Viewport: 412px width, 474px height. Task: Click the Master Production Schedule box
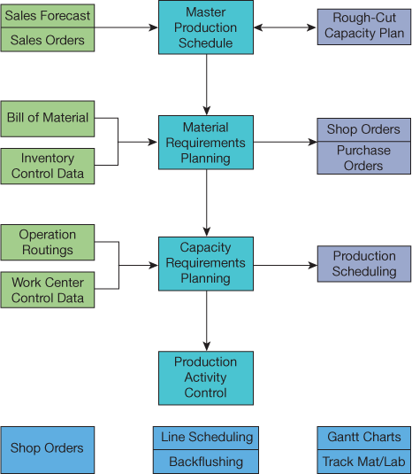pos(206,27)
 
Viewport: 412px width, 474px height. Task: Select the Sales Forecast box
pos(48,16)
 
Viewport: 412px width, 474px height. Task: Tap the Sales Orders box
pos(48,40)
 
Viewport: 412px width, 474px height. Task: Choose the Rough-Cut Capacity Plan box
pos(364,27)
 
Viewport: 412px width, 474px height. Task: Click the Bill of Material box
pos(48,119)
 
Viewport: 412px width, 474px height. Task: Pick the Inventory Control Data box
pos(48,166)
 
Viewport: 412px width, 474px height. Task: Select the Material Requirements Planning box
pos(206,143)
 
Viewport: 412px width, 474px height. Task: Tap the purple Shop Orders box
pos(363,129)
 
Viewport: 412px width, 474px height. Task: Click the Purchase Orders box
pos(363,158)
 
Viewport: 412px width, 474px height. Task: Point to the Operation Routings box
pos(48,243)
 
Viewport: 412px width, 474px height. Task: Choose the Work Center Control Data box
pos(48,290)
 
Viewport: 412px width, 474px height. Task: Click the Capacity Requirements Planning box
pos(206,264)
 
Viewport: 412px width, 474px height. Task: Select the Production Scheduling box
pos(364,264)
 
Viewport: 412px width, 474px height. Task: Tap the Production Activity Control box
pos(206,378)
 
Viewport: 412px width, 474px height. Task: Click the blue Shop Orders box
pos(48,450)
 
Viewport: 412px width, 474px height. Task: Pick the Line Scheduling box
pos(206,438)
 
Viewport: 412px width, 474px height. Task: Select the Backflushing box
pos(206,462)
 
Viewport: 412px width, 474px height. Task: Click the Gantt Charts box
pos(364,438)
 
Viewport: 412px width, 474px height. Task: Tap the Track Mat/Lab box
pos(364,462)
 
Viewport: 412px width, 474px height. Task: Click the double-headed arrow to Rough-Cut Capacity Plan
pos(285,27)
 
